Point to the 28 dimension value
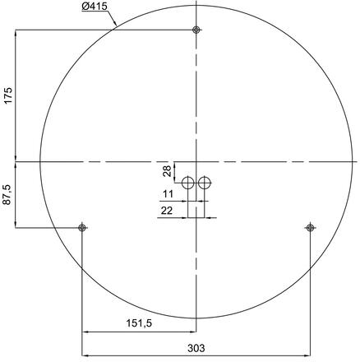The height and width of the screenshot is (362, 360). point(168,171)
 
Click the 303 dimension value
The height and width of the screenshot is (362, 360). point(196,348)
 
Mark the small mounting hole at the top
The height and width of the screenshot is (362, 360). point(196,30)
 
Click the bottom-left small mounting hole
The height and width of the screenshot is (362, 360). point(81,227)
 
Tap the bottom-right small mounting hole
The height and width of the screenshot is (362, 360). point(310,227)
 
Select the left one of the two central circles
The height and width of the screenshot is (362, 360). point(188,183)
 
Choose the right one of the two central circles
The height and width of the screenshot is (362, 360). point(205,183)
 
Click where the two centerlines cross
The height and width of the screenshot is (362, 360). point(196,161)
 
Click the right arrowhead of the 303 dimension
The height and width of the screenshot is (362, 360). point(307,355)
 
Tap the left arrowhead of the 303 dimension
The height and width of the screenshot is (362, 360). point(85,355)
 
